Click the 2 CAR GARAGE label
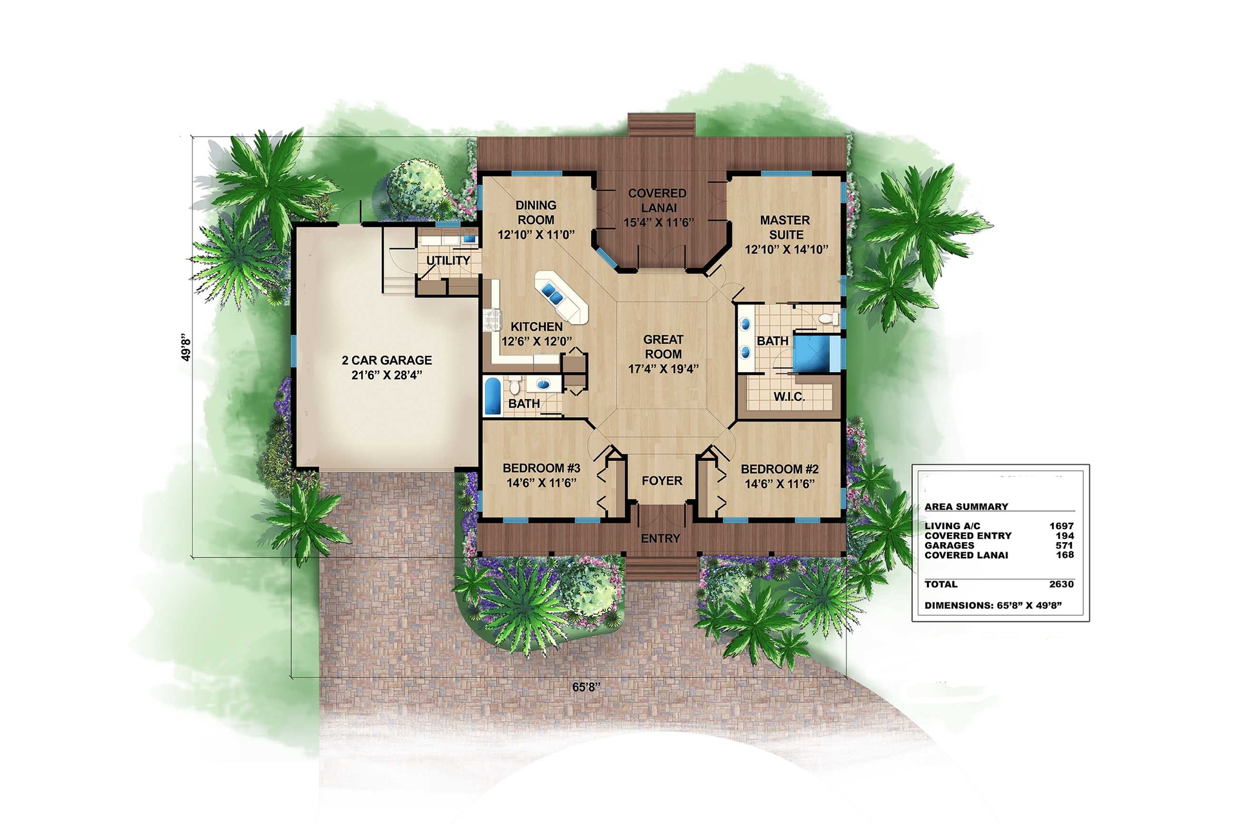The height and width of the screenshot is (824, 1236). click(386, 360)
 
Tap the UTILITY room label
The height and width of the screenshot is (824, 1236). click(448, 261)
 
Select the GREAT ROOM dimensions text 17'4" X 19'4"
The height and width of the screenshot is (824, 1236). click(663, 369)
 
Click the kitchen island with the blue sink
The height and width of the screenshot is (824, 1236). click(561, 297)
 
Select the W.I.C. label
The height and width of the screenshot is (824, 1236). click(789, 397)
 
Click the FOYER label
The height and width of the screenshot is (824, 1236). click(662, 481)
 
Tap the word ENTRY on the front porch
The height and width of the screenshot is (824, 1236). click(660, 538)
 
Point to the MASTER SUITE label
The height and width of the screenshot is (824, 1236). click(785, 227)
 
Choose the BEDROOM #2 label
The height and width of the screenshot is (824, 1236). click(780, 469)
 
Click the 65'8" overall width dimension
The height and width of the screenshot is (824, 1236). click(586, 687)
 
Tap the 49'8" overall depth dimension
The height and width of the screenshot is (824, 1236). click(186, 347)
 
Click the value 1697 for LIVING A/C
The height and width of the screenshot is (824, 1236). click(1061, 526)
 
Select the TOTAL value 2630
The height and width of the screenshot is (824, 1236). click(1061, 584)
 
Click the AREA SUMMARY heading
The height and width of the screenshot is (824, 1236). click(966, 507)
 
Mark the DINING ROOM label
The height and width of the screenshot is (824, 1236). click(536, 212)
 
